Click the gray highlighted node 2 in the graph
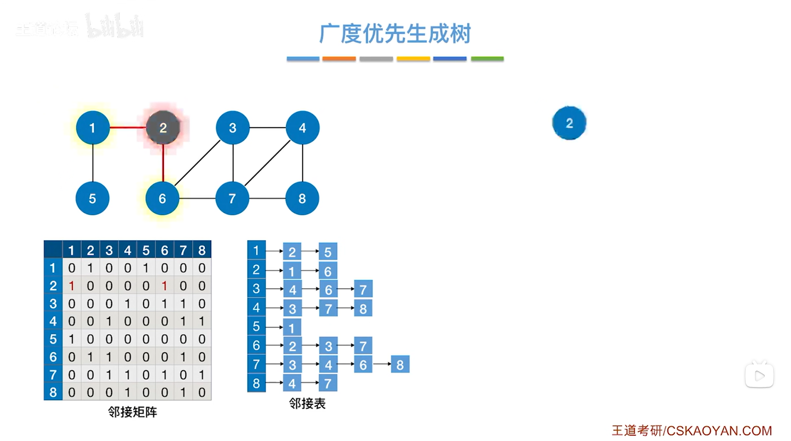tap(163, 128)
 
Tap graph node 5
tap(92, 198)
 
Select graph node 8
tap(302, 198)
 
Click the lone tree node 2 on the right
tap(569, 123)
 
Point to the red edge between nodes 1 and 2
tap(128, 127)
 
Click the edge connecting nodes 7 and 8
tap(267, 198)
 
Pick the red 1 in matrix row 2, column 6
tap(165, 286)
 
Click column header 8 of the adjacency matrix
tap(202, 250)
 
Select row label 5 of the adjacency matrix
tap(53, 339)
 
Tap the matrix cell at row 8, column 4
tap(128, 392)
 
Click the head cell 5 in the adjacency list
tap(256, 326)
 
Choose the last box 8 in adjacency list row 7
tap(400, 365)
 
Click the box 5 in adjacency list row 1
tap(328, 252)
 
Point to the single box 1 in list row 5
tap(292, 328)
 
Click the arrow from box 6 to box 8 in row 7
tap(382, 364)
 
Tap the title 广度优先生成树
tap(395, 34)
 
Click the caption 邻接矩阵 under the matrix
tap(132, 412)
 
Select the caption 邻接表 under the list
tap(307, 403)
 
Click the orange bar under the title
tap(339, 59)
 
